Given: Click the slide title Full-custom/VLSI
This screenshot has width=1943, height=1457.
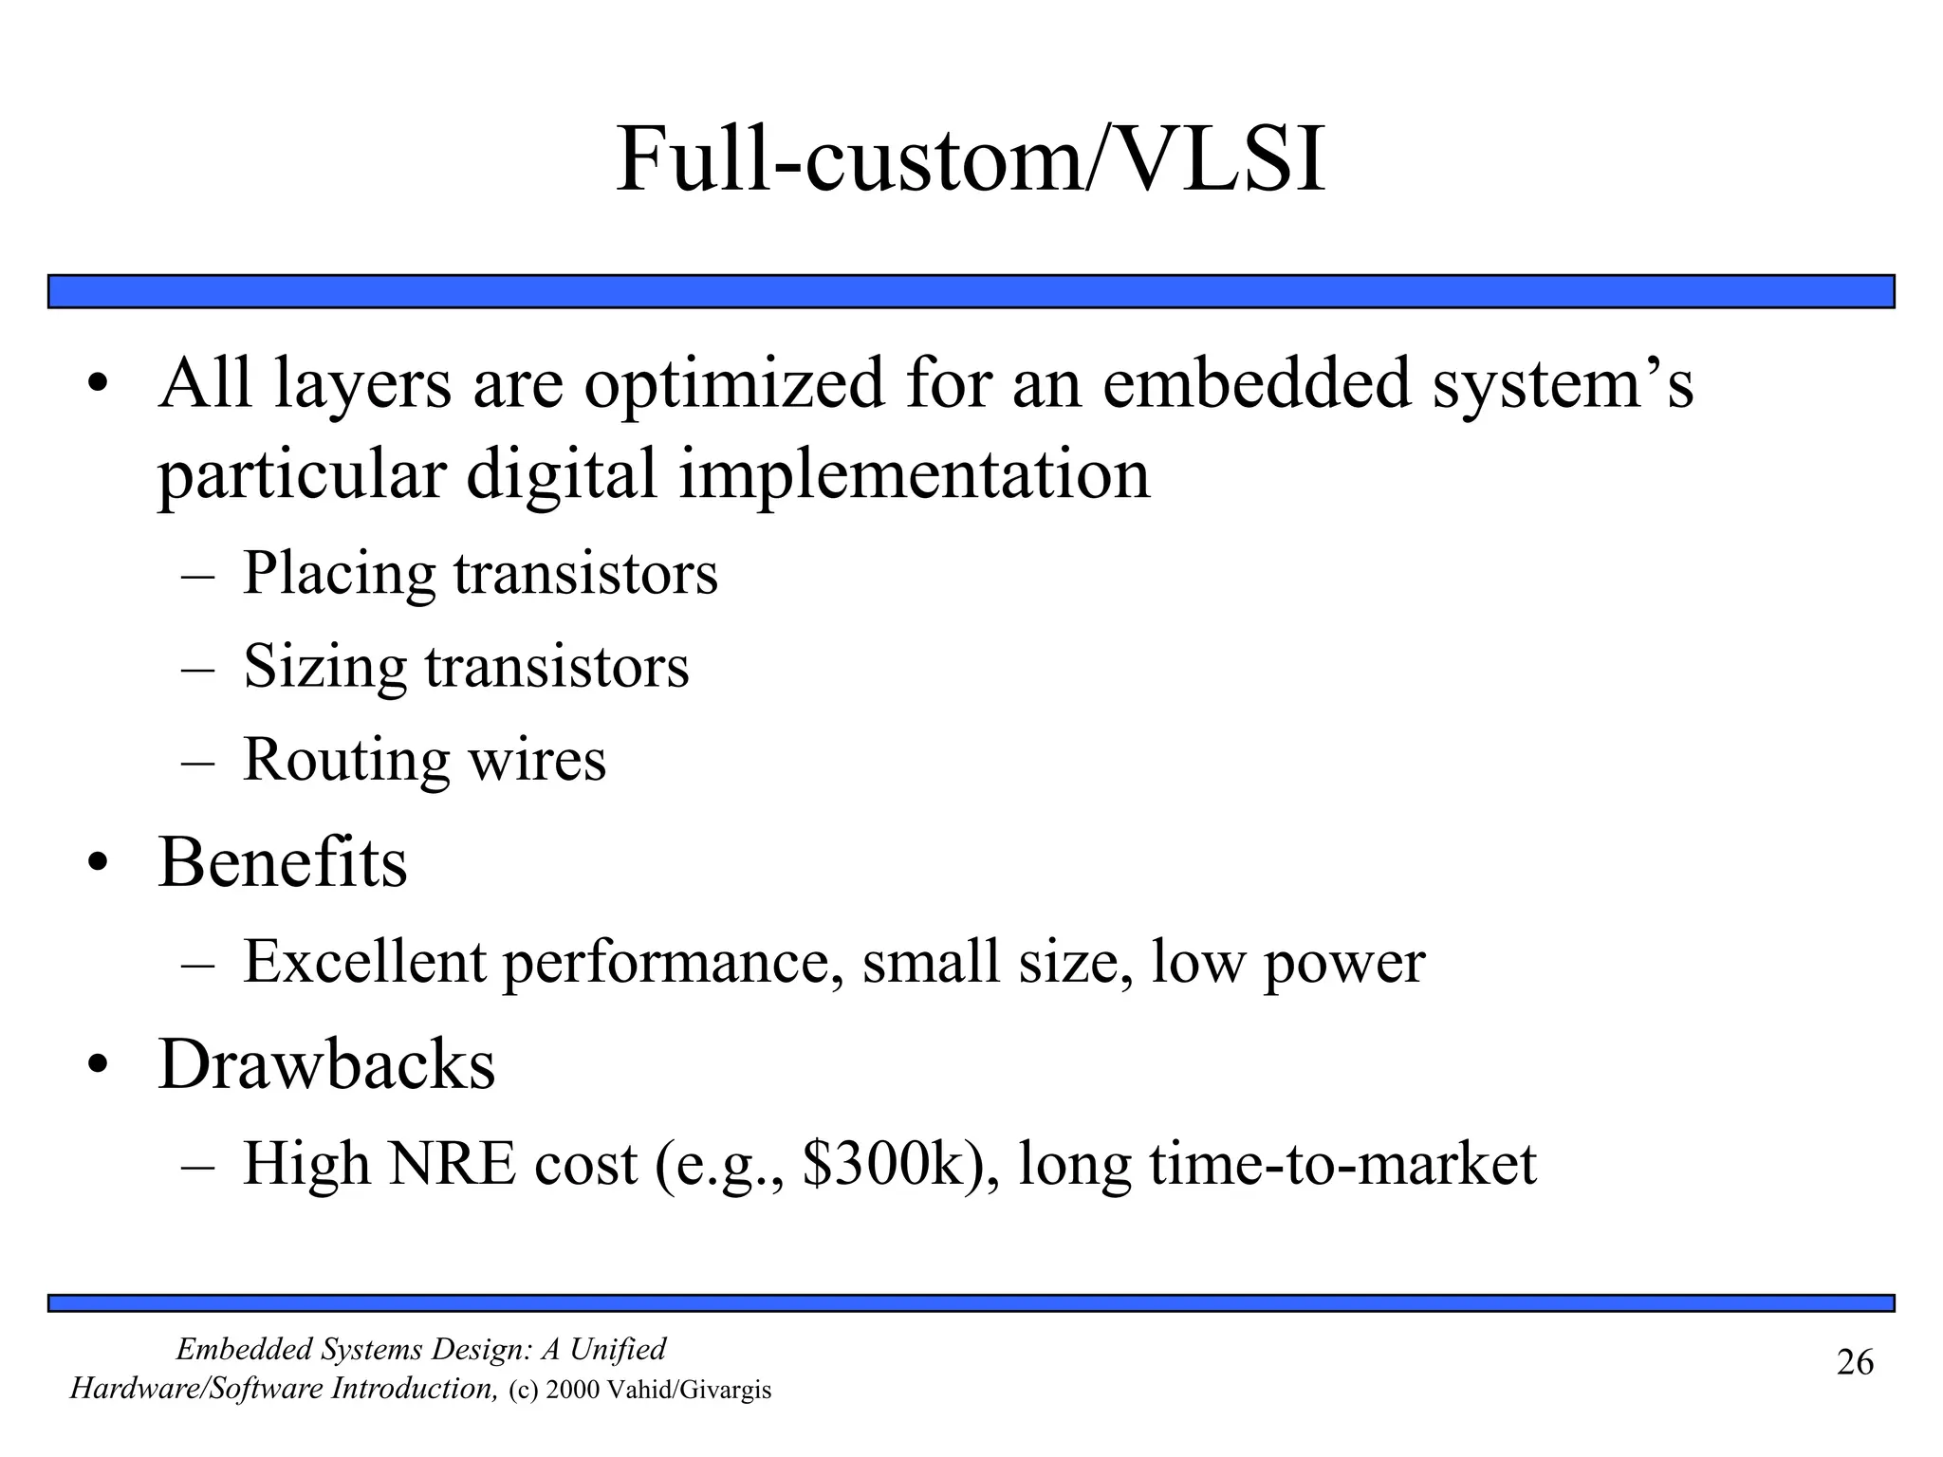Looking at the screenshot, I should tap(970, 159).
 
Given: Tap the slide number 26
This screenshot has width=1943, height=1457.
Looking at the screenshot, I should tap(1855, 1363).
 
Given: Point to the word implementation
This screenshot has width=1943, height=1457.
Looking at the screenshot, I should tap(914, 474).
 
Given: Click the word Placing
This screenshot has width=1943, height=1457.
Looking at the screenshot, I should tap(338, 575).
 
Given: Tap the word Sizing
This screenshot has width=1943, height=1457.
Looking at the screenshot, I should tap(324, 668).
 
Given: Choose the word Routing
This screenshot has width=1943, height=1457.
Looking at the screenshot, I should tap(345, 761).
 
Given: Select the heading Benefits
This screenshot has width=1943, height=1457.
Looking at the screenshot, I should tap(283, 862).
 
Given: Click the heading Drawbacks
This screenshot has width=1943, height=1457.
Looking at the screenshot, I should tap(326, 1064).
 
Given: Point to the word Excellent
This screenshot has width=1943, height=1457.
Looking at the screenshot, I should tap(364, 962).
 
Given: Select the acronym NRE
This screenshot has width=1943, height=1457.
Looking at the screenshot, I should tap(452, 1164).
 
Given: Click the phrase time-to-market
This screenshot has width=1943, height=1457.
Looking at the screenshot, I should tap(1342, 1164).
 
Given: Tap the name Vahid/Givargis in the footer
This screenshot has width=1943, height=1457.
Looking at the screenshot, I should tap(688, 1391).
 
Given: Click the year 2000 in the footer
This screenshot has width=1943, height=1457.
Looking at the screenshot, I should tap(572, 1391).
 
